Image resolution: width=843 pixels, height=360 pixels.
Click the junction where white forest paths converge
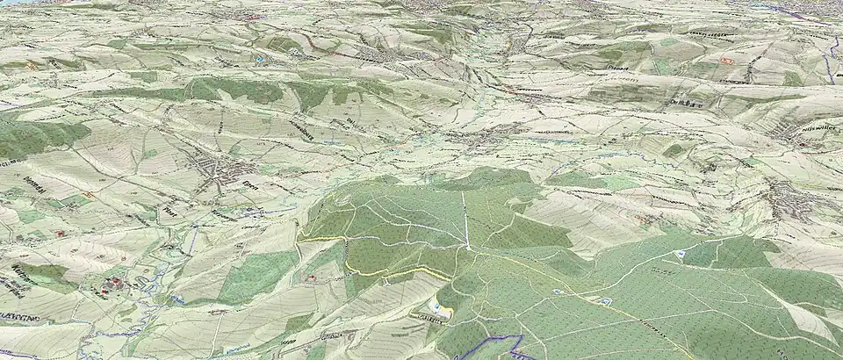468,248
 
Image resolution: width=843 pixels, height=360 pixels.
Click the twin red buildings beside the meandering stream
112,284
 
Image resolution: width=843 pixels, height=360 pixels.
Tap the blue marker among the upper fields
261,59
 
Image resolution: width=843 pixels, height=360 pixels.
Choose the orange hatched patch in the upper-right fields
726,61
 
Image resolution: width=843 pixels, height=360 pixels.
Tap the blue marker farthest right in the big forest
680,254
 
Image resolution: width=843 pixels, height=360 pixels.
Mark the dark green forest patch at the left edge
35,136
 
